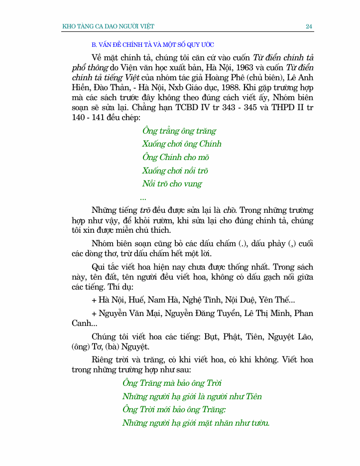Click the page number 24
point(309,26)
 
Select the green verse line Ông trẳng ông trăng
point(179,131)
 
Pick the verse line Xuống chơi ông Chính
point(182,144)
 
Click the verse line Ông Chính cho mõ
point(172,157)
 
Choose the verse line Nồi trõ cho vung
point(172,184)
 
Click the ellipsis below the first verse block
point(143,198)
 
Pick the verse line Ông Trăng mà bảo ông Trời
point(172,383)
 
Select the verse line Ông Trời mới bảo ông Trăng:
point(174,410)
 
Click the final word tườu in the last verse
point(259,423)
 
